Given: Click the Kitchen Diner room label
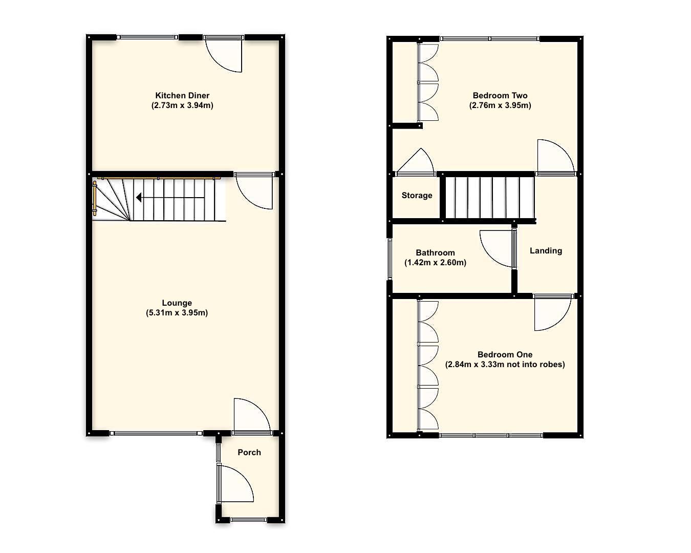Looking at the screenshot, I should tap(182, 95).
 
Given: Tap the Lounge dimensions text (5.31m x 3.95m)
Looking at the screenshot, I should tap(177, 313).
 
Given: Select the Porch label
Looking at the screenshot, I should tap(249, 452).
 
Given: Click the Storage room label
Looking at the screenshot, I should tap(417, 195).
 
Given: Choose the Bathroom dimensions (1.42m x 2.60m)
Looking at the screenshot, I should tap(436, 263).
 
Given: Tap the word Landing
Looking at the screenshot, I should tap(546, 250).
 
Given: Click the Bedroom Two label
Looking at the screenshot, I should tap(500, 95).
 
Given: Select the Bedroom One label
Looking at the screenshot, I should tap(505, 354).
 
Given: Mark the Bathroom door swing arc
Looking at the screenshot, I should tap(495, 248).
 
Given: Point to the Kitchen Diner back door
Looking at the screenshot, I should tap(224, 55).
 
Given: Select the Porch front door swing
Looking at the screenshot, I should tap(236, 484).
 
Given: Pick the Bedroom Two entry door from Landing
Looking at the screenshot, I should tap(555, 157).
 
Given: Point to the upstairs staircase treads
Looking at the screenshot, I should tap(489, 198).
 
